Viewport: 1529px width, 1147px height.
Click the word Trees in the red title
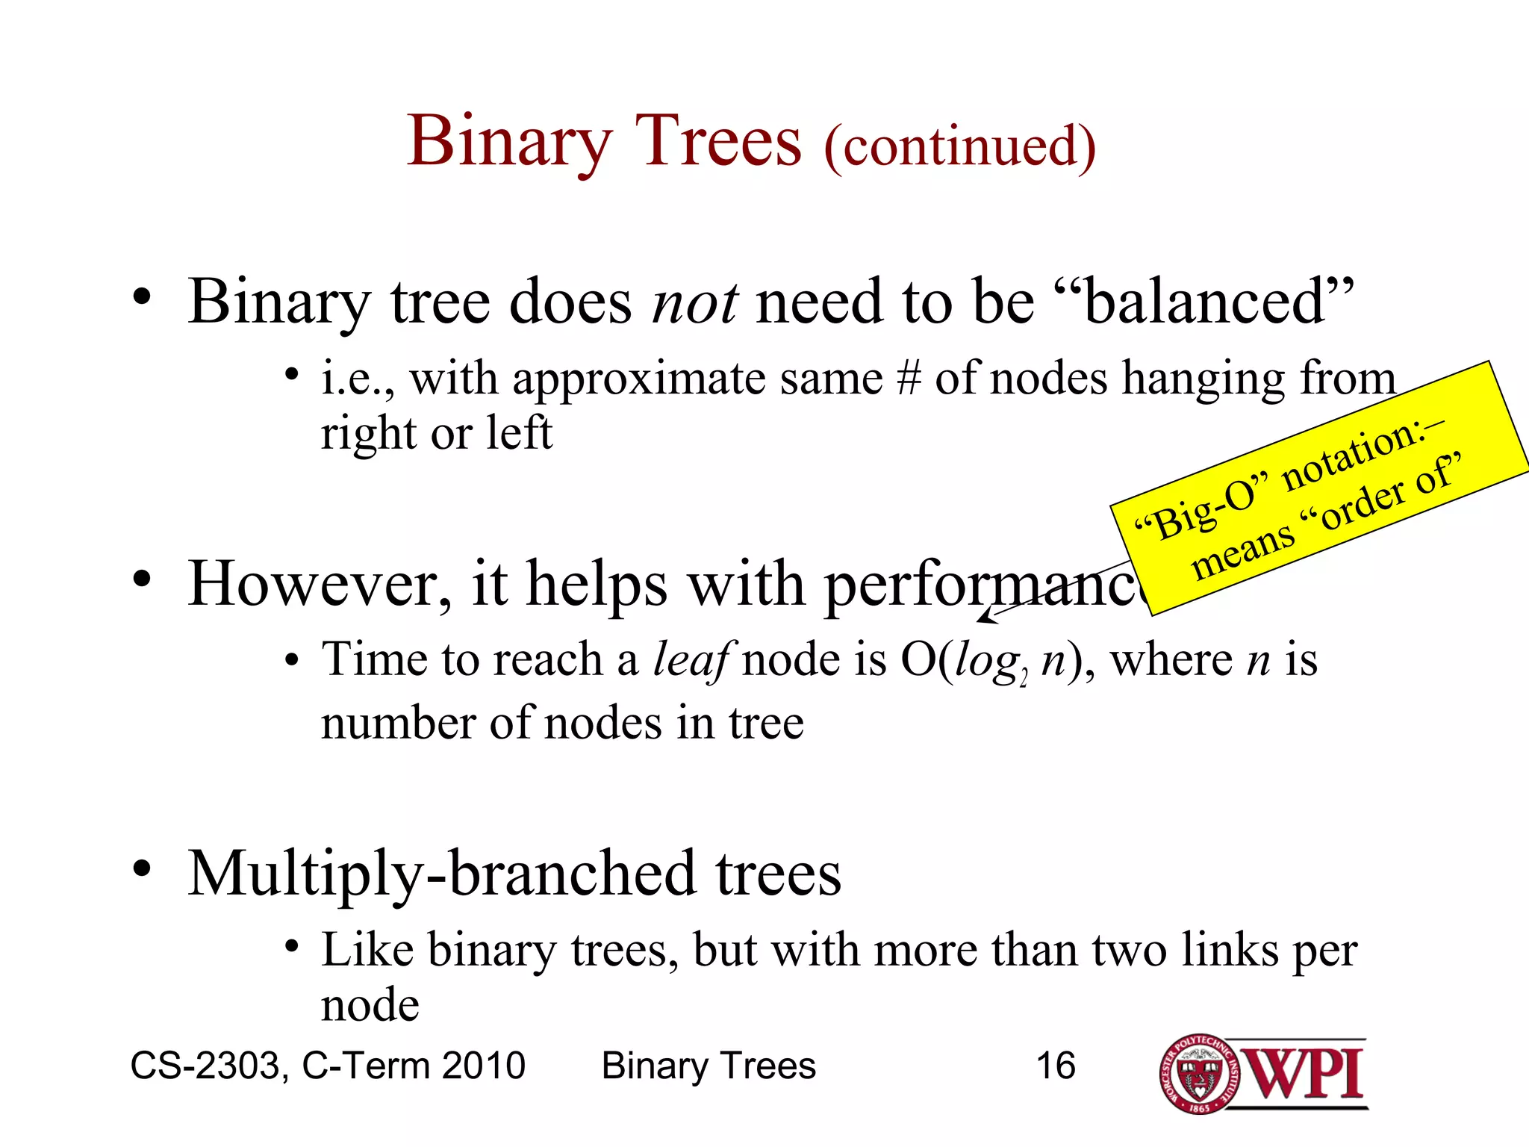717,141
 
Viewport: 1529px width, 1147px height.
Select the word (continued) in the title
959,146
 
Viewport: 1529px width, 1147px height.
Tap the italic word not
694,302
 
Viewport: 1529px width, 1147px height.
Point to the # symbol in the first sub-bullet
909,379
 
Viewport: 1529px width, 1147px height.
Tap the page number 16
1055,1066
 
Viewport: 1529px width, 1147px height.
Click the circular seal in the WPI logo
1199,1075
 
